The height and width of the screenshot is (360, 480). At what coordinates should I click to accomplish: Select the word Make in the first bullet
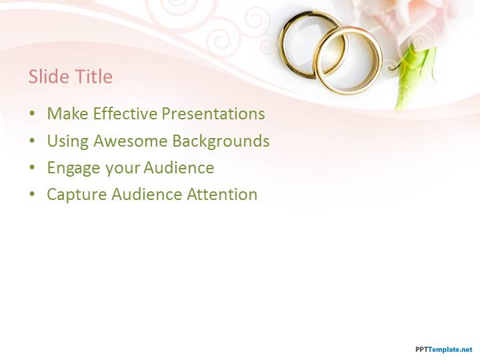pyautogui.click(x=67, y=113)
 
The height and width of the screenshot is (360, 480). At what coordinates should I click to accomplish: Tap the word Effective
pyautogui.click(x=125, y=113)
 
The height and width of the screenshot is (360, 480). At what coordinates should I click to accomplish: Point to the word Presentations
pyautogui.click(x=213, y=113)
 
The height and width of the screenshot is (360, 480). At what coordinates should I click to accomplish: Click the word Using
pyautogui.click(x=67, y=141)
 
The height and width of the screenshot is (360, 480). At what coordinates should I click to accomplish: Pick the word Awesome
pyautogui.click(x=131, y=141)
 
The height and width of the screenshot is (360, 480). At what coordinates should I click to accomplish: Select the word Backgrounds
pyautogui.click(x=221, y=141)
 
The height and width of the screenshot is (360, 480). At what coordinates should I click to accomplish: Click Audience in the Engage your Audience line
pyautogui.click(x=179, y=167)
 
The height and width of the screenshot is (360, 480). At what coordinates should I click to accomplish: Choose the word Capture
pyautogui.click(x=77, y=195)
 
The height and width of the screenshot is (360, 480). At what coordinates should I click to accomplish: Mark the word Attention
pyautogui.click(x=222, y=195)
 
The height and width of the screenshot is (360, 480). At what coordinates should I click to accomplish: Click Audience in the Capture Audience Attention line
pyautogui.click(x=147, y=195)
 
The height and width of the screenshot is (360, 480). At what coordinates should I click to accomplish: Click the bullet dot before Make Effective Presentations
pyautogui.click(x=32, y=114)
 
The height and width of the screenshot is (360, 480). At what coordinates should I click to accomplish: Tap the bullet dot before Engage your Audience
pyautogui.click(x=32, y=168)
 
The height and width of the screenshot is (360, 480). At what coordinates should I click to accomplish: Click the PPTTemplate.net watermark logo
pyautogui.click(x=444, y=349)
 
